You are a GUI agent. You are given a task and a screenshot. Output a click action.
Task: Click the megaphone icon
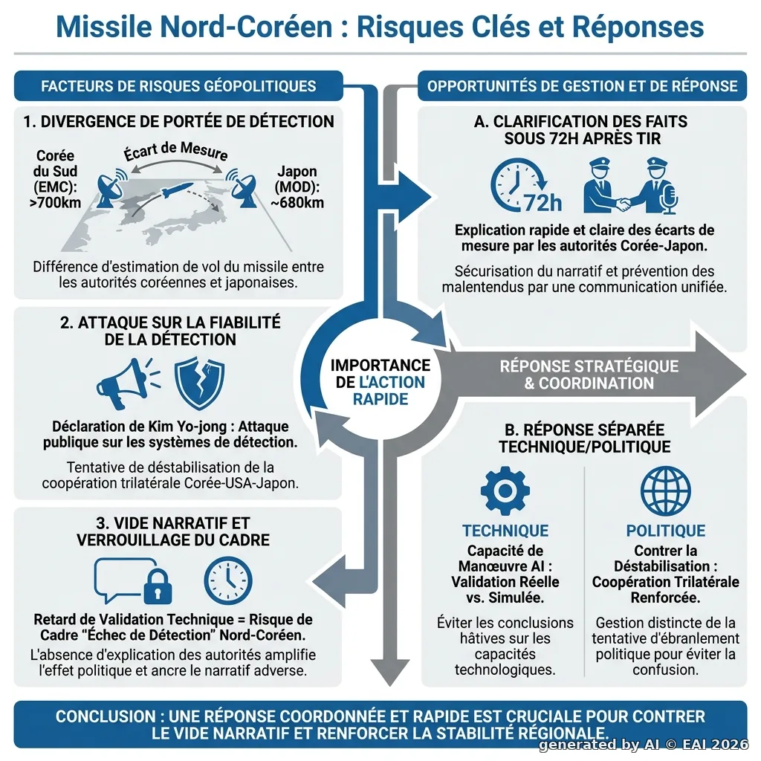pyautogui.click(x=127, y=383)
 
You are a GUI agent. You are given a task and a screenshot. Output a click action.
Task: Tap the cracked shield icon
pyautogui.click(x=199, y=383)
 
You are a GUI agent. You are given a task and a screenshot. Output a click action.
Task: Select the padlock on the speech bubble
pyautogui.click(x=158, y=586)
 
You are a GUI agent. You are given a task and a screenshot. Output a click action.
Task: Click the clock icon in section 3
pyautogui.click(x=228, y=580)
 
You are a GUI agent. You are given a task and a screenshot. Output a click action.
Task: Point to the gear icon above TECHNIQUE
pyautogui.click(x=505, y=490)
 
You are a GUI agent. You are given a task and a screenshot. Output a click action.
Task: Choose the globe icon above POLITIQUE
pyautogui.click(x=665, y=490)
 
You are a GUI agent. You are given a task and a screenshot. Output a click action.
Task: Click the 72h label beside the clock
pyautogui.click(x=543, y=203)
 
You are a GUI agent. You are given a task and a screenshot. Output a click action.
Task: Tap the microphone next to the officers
pyautogui.click(x=670, y=198)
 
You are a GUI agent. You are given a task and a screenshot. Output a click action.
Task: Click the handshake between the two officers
pyautogui.click(x=623, y=204)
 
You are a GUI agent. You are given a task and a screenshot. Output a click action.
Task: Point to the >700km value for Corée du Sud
pyautogui.click(x=55, y=202)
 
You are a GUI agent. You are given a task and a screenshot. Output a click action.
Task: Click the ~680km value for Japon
pyautogui.click(x=297, y=202)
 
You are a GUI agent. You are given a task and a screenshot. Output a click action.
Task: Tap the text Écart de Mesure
pyautogui.click(x=175, y=151)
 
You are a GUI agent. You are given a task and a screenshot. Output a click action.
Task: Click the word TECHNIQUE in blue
pyautogui.click(x=505, y=531)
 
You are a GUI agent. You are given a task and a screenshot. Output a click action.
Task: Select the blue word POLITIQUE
pyautogui.click(x=665, y=531)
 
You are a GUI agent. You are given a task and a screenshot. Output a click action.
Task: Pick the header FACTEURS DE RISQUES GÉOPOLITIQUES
pyautogui.click(x=178, y=86)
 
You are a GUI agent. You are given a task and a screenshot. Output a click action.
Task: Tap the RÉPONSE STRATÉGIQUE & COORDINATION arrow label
pyautogui.click(x=589, y=375)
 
